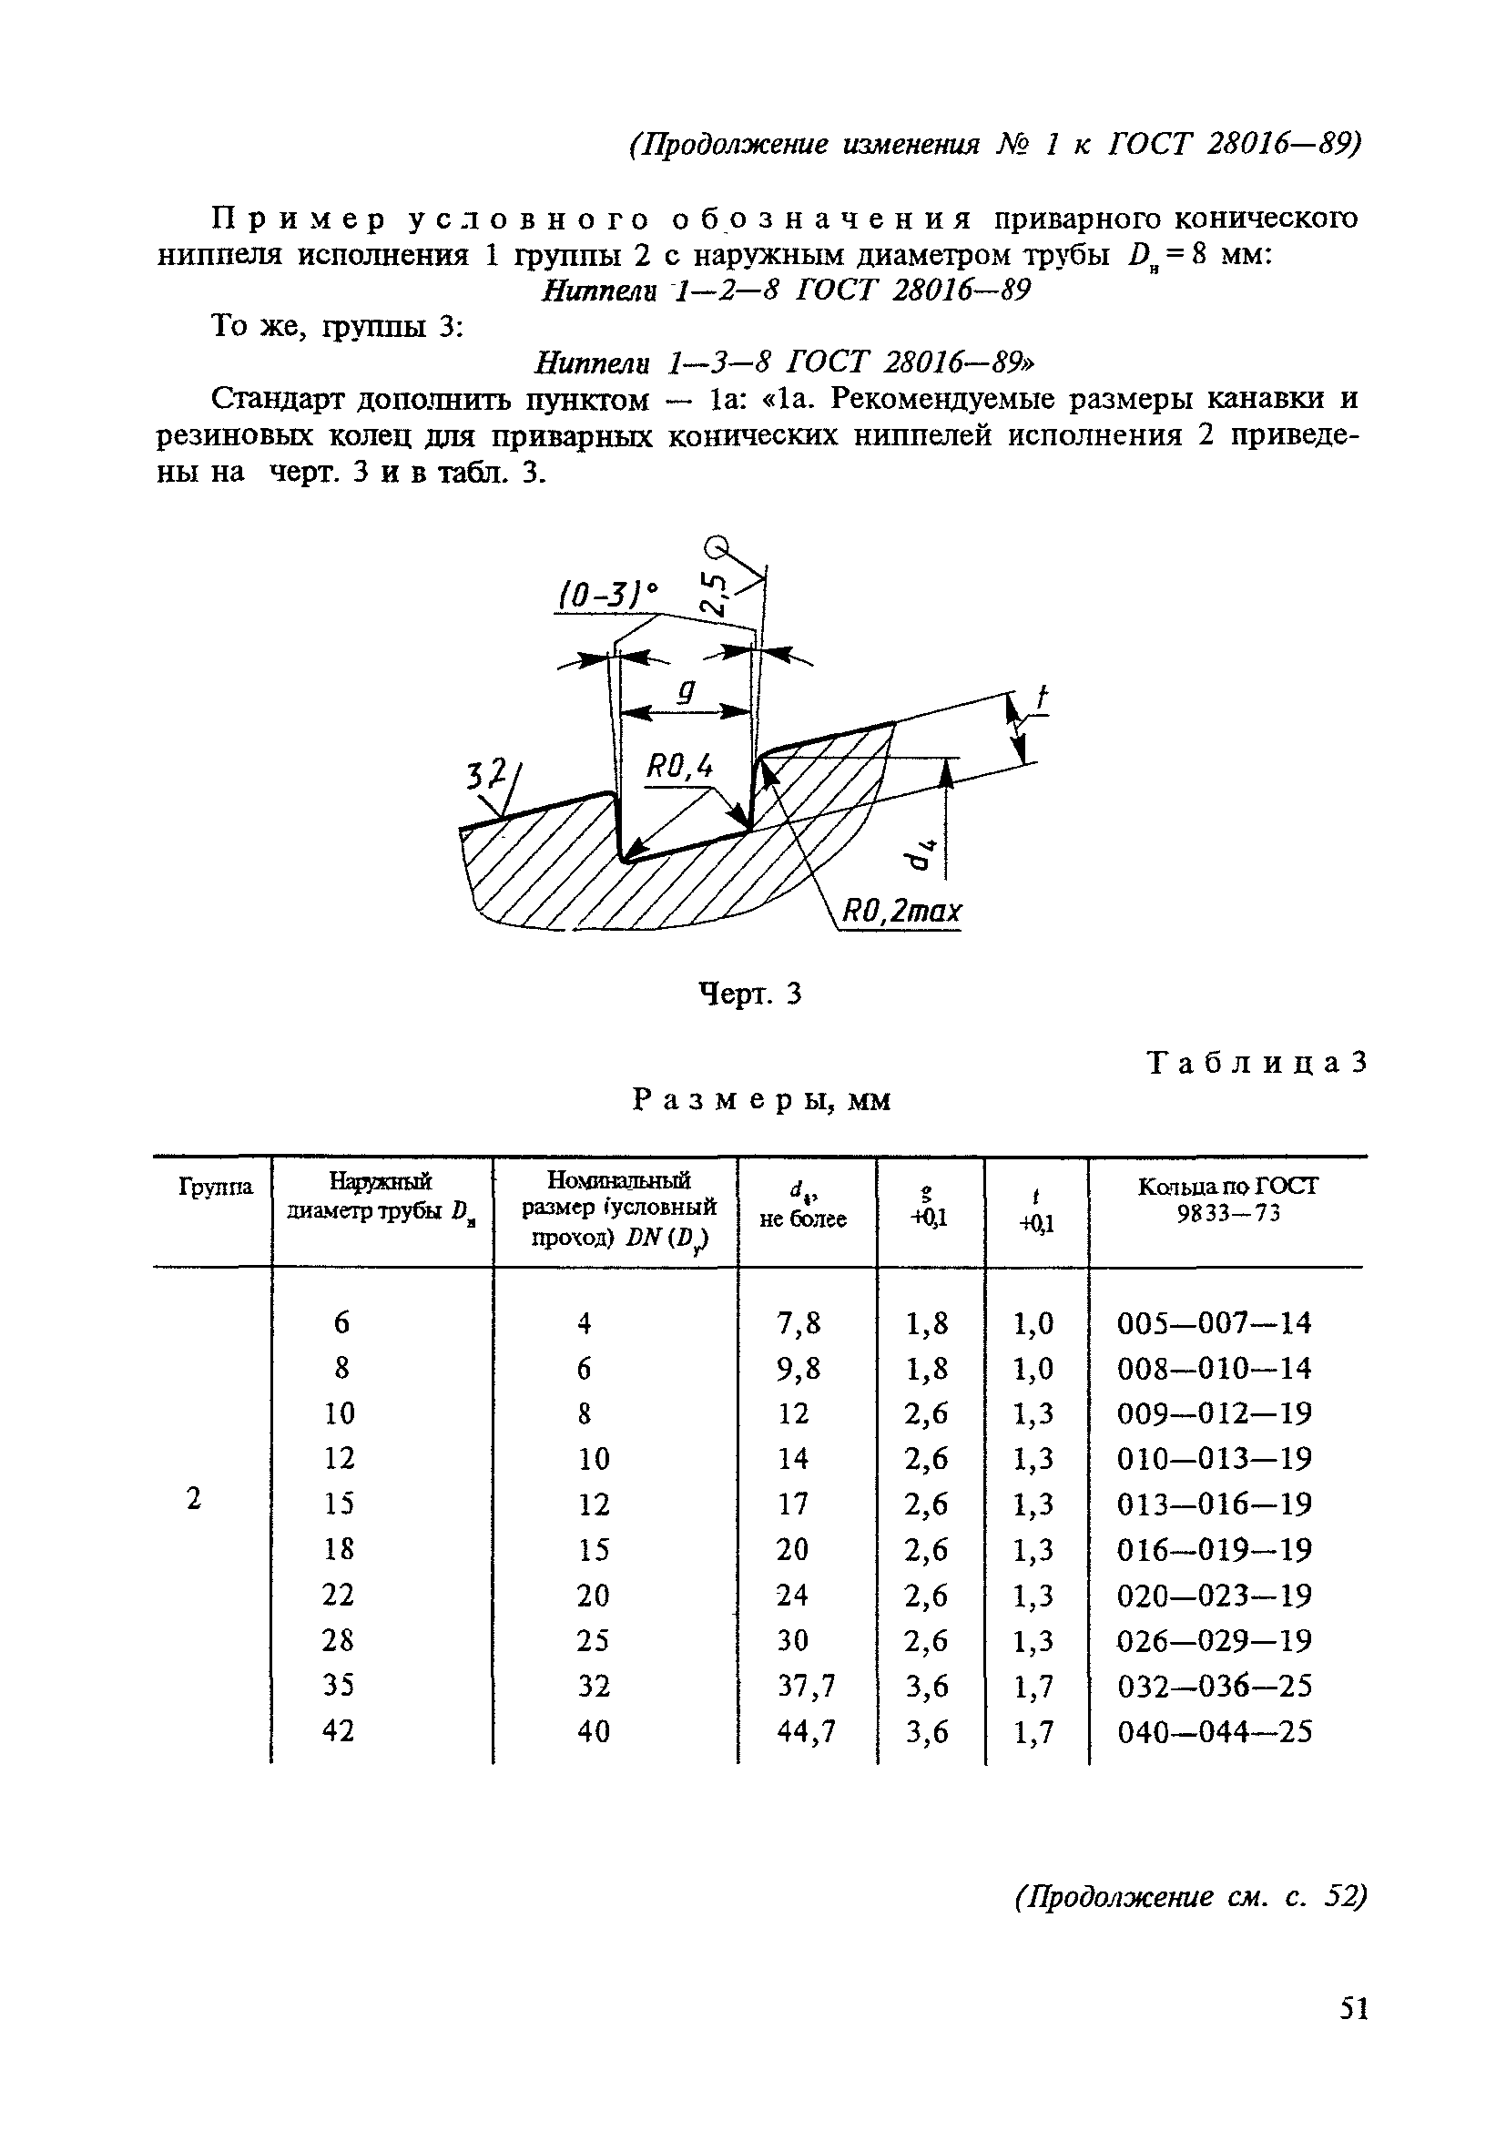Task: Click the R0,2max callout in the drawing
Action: click(x=901, y=911)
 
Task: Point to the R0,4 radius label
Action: click(x=679, y=769)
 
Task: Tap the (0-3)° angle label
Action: click(x=608, y=596)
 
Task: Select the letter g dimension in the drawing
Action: click(x=687, y=691)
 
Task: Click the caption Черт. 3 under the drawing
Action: click(x=751, y=994)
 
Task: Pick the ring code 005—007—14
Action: click(x=1215, y=1323)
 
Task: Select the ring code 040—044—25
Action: click(x=1215, y=1731)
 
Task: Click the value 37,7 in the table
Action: click(x=806, y=1686)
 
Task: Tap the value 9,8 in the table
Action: click(x=799, y=1370)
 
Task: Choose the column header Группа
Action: click(x=215, y=1188)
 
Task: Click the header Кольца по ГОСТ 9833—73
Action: click(x=1227, y=1199)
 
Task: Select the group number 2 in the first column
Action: click(x=194, y=1500)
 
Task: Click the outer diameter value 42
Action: click(x=339, y=1731)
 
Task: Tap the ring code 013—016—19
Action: click(x=1215, y=1504)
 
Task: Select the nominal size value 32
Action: click(x=592, y=1686)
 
